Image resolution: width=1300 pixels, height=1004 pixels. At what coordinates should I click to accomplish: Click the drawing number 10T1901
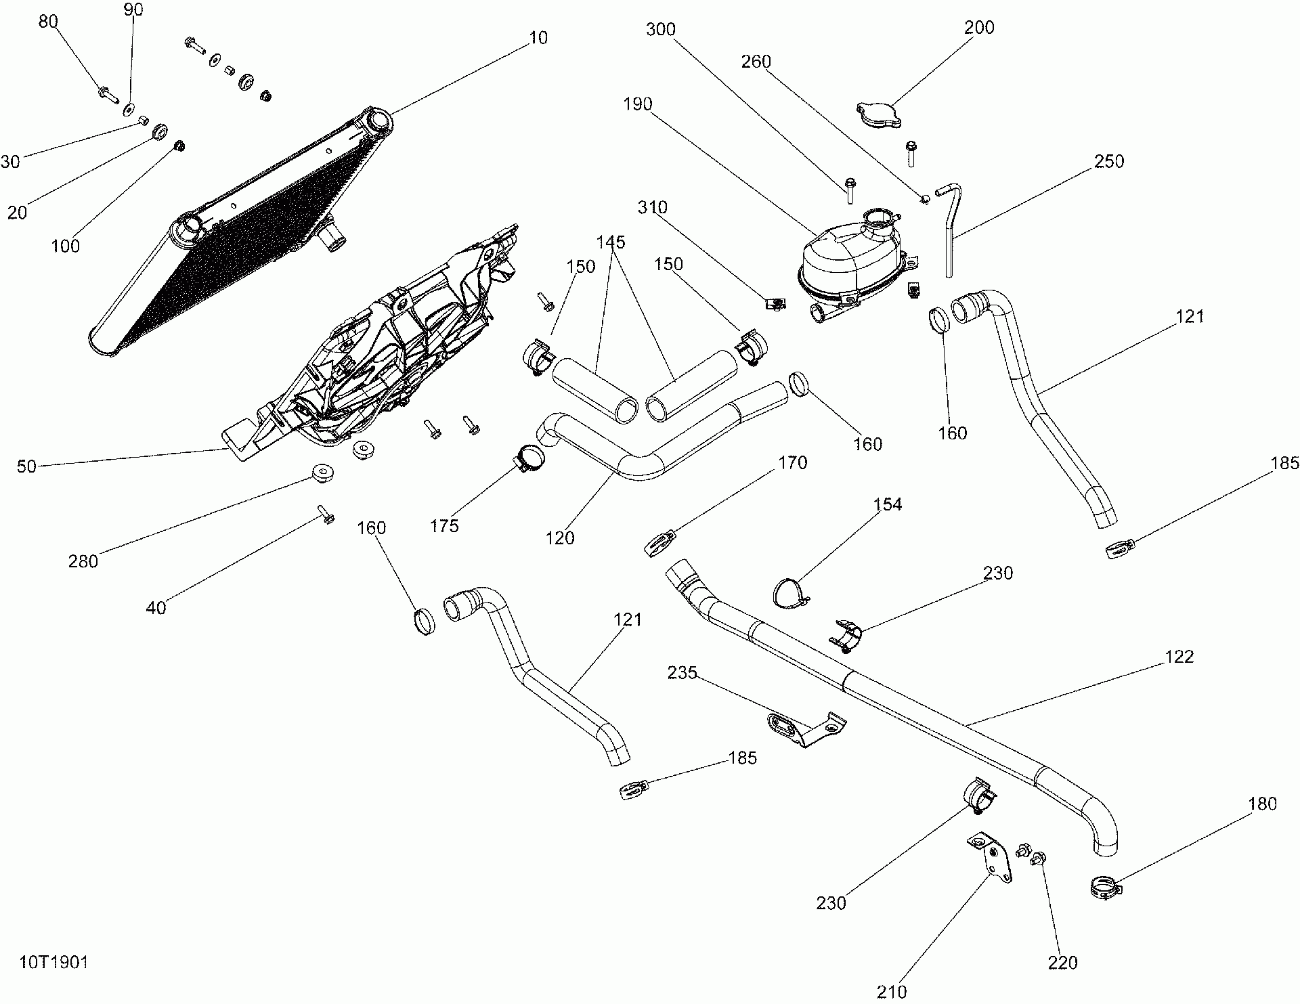[x=54, y=963]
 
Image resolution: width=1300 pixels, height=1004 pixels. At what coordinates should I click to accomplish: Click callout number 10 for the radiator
[x=538, y=38]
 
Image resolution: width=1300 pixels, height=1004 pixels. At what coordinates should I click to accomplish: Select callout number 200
[x=978, y=28]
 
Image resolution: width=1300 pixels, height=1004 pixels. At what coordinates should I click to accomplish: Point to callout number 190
[x=638, y=104]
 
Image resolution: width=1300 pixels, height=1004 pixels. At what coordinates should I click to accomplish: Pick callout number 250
[x=1108, y=161]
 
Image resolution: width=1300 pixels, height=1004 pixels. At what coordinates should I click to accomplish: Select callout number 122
[x=1179, y=657]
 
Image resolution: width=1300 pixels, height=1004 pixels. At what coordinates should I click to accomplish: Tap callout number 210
[x=891, y=992]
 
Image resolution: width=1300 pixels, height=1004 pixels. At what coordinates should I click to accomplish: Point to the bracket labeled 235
[x=806, y=728]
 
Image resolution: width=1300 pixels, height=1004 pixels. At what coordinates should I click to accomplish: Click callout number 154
[x=888, y=504]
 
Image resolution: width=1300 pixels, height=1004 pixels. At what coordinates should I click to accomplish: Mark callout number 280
[x=83, y=561]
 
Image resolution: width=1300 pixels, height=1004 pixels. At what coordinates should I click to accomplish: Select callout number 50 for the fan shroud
[x=26, y=466]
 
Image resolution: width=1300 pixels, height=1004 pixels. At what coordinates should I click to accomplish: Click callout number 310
[x=653, y=208]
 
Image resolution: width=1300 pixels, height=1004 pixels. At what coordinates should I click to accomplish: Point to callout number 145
[x=611, y=242]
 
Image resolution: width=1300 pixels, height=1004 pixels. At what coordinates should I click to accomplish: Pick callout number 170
[x=793, y=462]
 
